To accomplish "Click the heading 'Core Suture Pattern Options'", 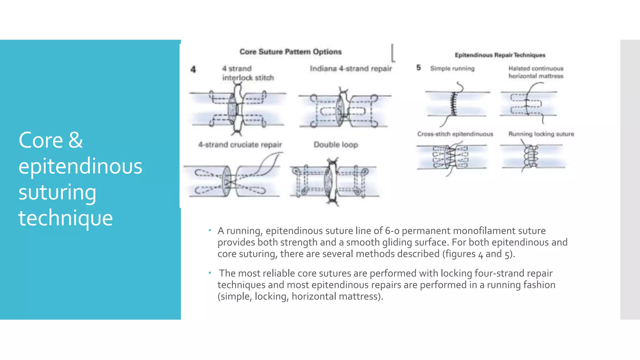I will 290,52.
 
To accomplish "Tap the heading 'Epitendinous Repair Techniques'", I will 500,55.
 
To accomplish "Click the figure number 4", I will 193,69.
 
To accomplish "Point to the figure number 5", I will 418,67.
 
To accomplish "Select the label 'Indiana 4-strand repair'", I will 351,68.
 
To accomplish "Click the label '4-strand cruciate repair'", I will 240,145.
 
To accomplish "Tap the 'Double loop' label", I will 336,145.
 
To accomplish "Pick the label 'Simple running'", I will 452,68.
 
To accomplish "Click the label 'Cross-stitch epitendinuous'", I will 455,134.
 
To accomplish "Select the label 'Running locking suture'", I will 541,134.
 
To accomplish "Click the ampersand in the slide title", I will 76,140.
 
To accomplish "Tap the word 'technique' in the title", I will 65,218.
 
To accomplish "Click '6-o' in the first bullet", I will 392,231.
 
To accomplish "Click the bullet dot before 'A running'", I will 210,231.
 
